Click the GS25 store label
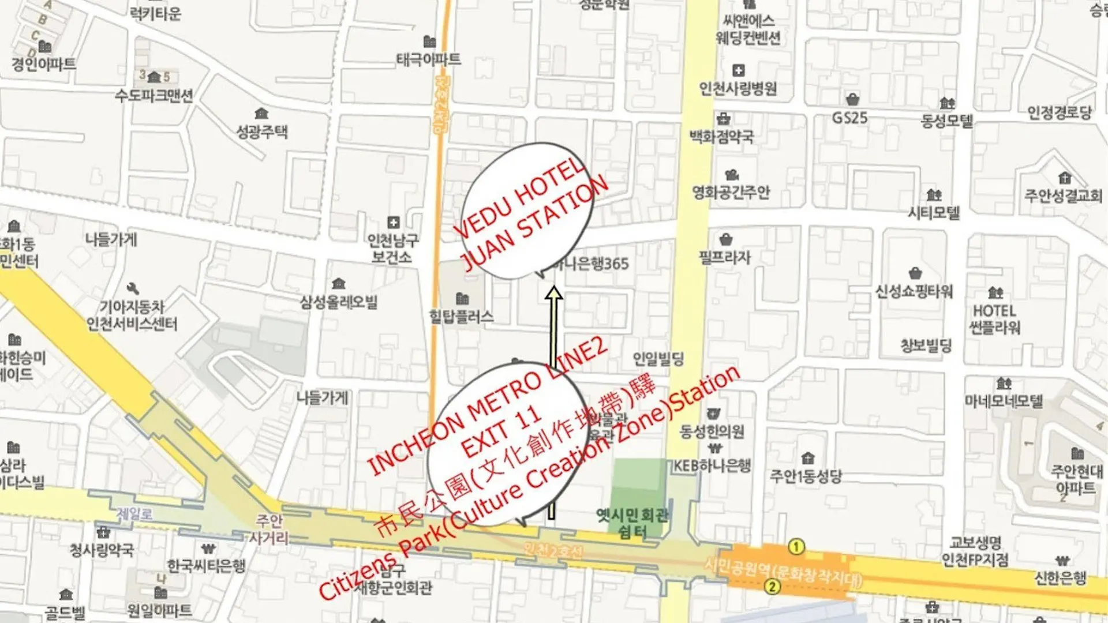coord(849,118)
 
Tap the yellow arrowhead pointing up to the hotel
coord(553,294)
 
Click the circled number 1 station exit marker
coord(796,546)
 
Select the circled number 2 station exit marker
coord(772,587)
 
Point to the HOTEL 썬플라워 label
coord(994,319)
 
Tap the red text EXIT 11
coord(501,432)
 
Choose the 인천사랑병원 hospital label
coord(738,88)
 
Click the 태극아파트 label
coord(428,59)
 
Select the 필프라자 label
coord(725,257)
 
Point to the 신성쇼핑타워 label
coord(914,291)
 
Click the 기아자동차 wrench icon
coord(133,288)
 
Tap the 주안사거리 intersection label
coord(269,530)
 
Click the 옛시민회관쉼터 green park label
coord(632,523)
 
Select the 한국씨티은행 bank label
coord(206,565)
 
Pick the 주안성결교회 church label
coord(1063,195)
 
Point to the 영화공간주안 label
coord(731,192)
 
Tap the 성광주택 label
coord(261,132)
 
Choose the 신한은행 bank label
coord(1061,577)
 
